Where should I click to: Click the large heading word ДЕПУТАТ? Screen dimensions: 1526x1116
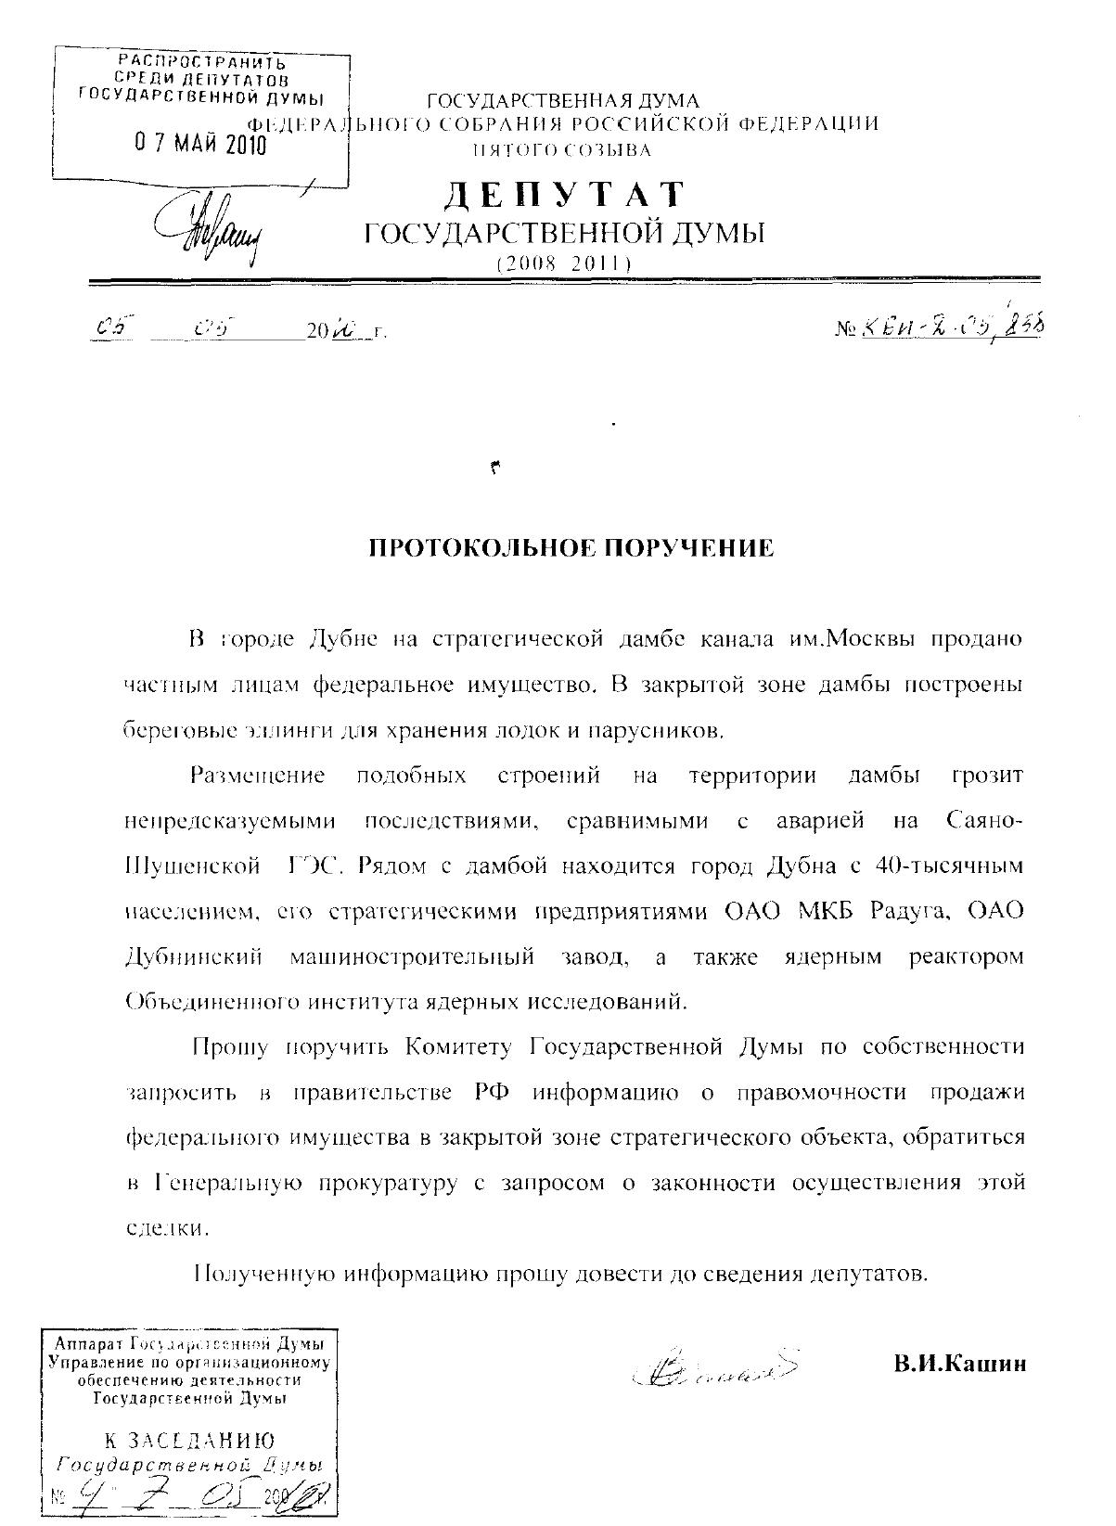pos(566,194)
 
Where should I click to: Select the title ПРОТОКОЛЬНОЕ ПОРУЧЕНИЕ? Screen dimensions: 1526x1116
pos(571,548)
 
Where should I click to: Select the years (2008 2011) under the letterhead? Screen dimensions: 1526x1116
pos(564,263)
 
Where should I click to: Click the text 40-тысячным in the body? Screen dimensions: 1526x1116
pos(950,866)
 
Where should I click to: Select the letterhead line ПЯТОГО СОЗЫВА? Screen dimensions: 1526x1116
pos(563,148)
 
